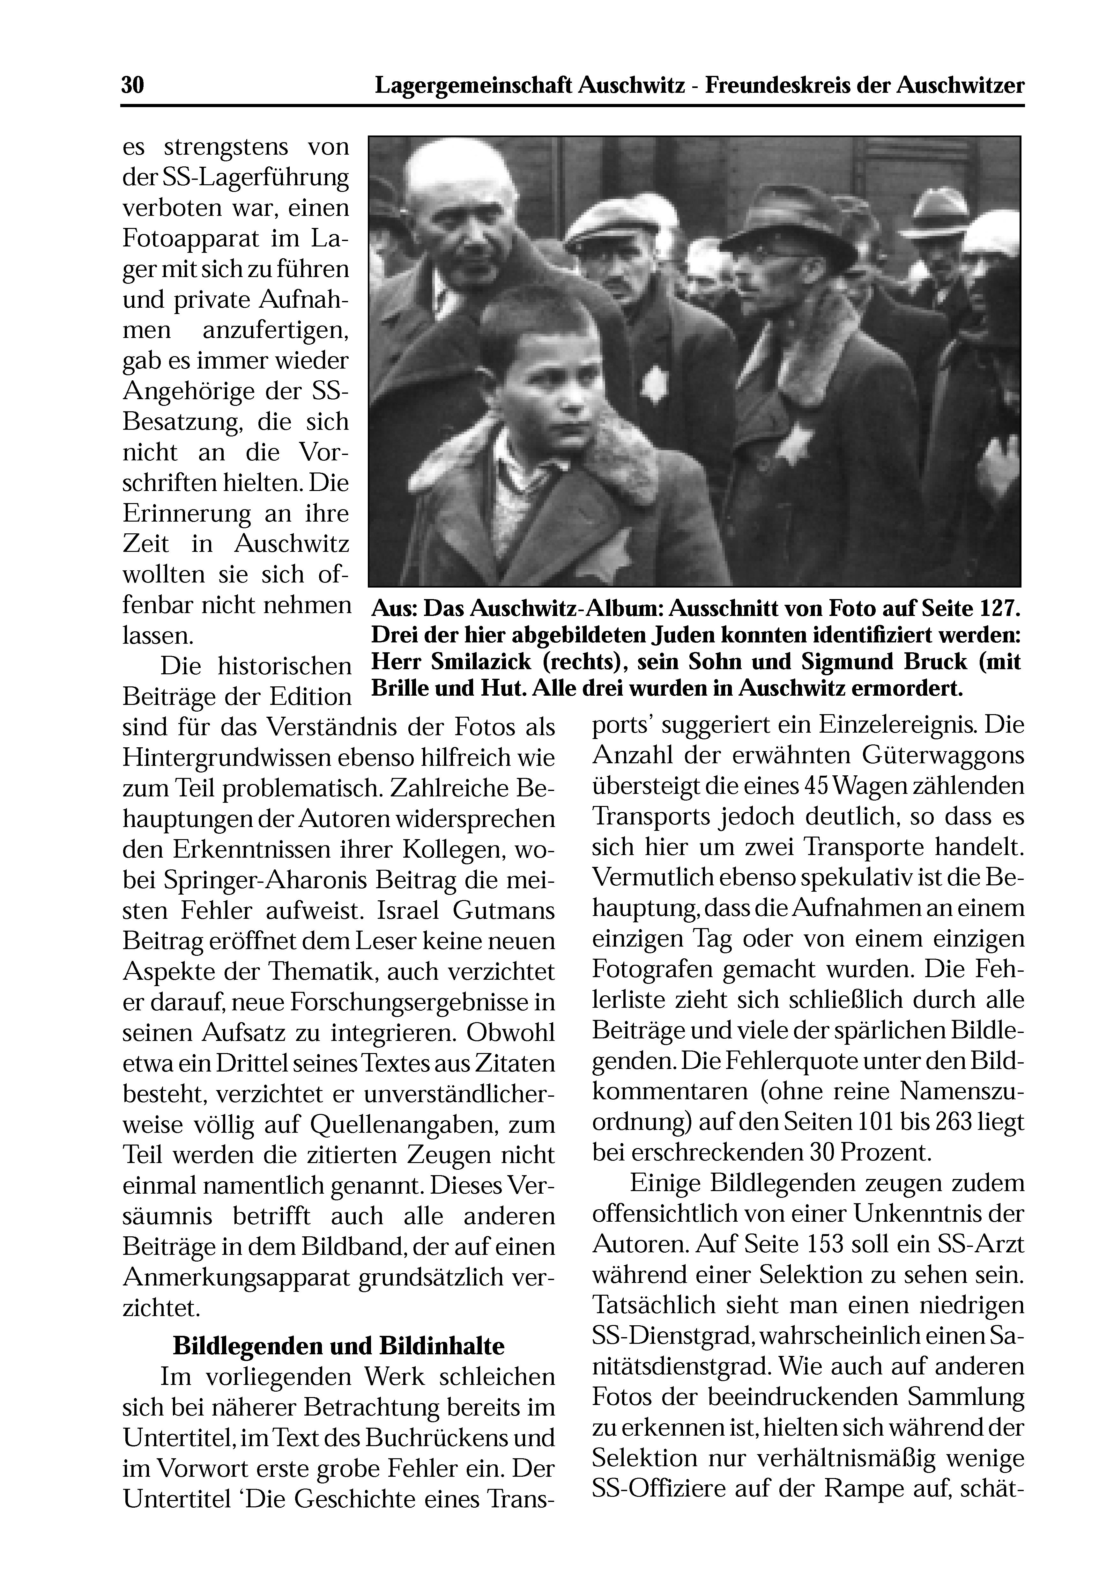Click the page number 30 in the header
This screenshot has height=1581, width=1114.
click(132, 85)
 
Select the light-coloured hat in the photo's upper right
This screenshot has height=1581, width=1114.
click(939, 214)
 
